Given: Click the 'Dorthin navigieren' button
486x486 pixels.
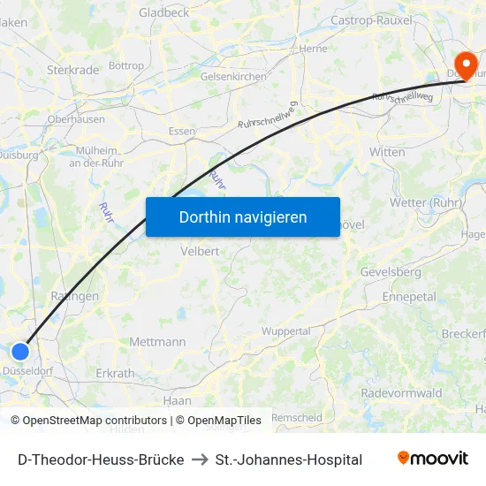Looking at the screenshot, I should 242,216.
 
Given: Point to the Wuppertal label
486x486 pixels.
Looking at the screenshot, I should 286,331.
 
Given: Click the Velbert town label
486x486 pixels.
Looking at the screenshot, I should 199,250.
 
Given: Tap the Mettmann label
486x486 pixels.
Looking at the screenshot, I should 157,342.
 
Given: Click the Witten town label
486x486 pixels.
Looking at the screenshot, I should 387,152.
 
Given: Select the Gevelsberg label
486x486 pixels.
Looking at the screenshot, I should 390,272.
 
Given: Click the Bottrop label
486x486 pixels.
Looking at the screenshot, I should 126,66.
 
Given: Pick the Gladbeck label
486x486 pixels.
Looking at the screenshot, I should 163,12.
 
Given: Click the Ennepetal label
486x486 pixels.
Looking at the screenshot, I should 409,297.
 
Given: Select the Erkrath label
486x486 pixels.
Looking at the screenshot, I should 115,374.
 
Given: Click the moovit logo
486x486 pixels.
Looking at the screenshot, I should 432,458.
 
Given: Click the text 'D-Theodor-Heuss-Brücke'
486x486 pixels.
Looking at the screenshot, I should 101,459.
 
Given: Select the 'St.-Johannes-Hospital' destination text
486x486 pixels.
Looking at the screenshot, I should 289,459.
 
